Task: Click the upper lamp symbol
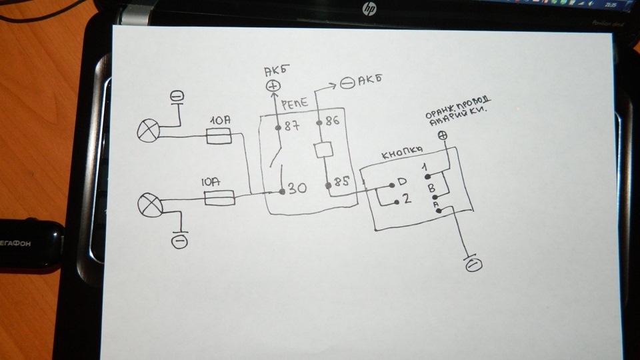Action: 147,131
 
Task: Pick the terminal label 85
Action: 341,182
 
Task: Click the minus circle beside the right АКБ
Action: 347,83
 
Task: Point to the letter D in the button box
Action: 402,182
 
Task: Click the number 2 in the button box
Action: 407,199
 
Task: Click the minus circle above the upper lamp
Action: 177,97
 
